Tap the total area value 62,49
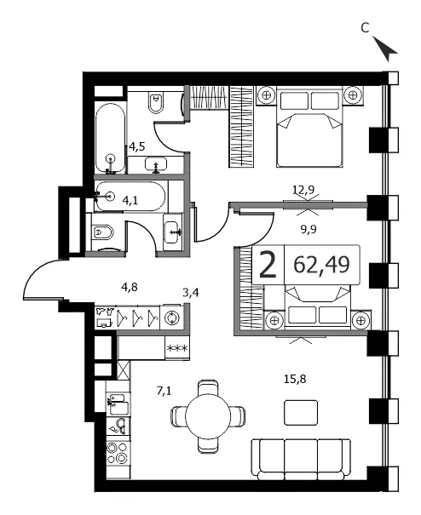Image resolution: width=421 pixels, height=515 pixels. click(x=321, y=265)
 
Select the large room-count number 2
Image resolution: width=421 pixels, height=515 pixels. click(x=267, y=265)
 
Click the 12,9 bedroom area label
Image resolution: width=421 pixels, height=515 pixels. click(x=303, y=190)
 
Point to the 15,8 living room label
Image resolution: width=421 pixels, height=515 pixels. click(x=295, y=379)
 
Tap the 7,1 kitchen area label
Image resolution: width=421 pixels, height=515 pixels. click(x=164, y=391)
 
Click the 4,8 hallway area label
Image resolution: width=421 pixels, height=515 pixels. click(x=130, y=287)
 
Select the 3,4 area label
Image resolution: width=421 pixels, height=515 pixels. click(x=191, y=292)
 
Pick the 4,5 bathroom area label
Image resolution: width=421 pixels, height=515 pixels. click(x=137, y=146)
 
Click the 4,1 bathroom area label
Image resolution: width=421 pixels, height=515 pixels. click(x=130, y=200)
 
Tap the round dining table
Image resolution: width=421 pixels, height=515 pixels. click(x=208, y=416)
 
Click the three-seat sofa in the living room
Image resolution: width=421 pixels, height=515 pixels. click(x=301, y=459)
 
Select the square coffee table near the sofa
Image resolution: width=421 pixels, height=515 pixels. click(x=301, y=413)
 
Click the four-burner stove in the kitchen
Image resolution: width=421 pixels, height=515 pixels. click(x=118, y=452)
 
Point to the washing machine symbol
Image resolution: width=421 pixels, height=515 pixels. click(x=171, y=318)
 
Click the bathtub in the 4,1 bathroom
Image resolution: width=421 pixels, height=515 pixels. click(x=130, y=197)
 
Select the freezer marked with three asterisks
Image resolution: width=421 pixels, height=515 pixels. click(x=177, y=348)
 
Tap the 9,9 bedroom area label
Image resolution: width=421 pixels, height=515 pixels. click(x=309, y=229)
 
